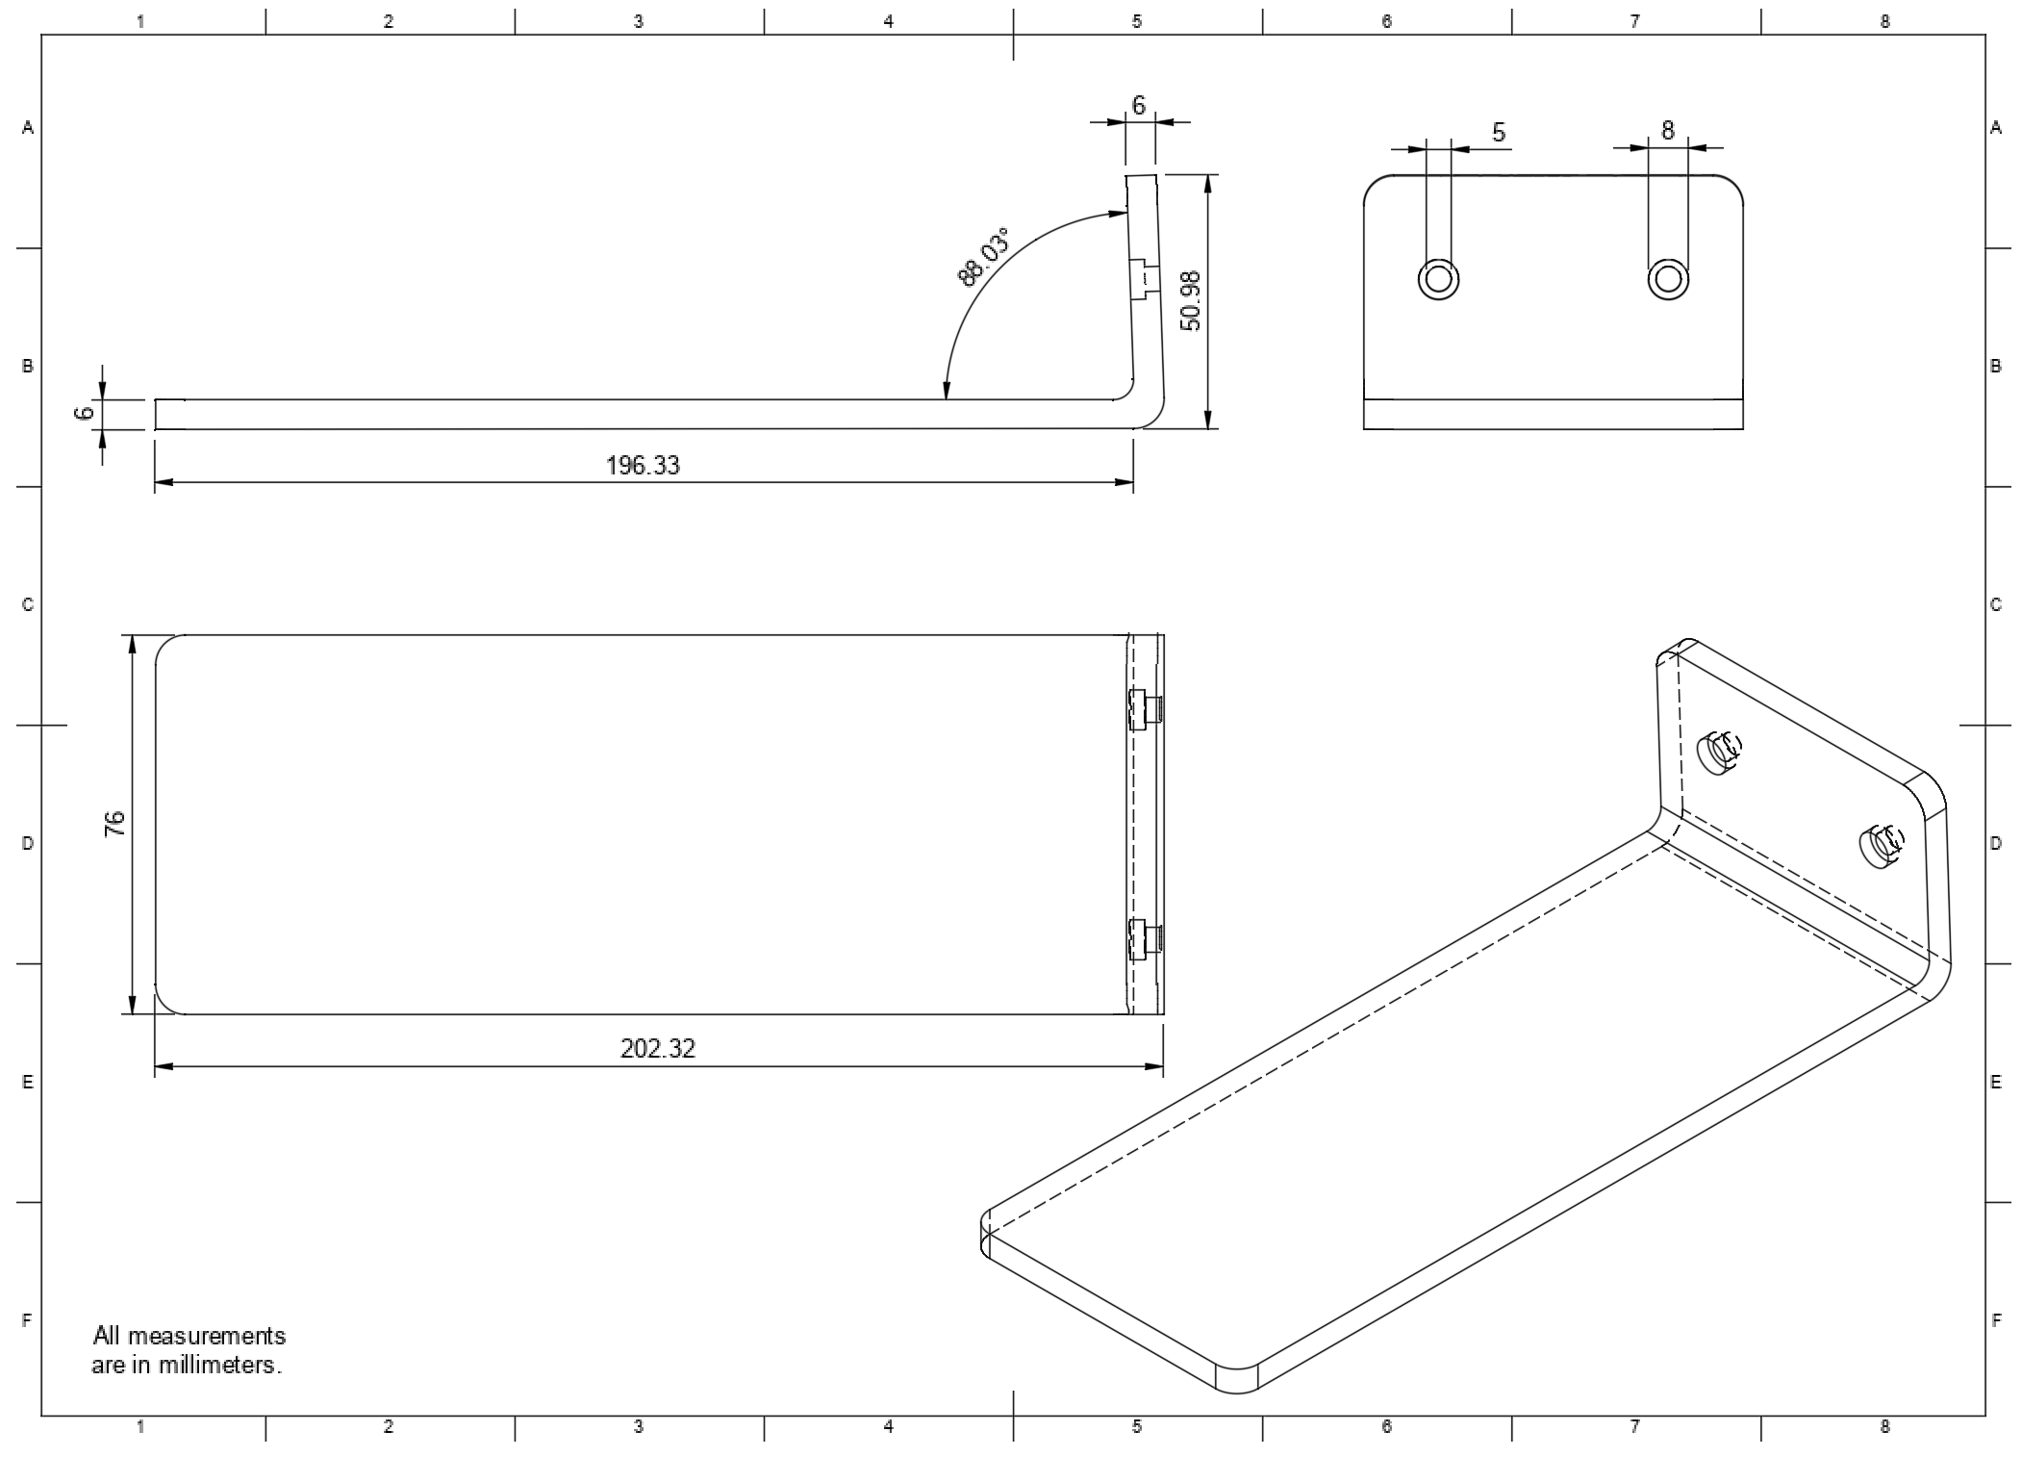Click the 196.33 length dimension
pos(643,466)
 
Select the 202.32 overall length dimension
pos(657,1048)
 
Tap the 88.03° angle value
pos(986,257)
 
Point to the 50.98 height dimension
pos(1191,301)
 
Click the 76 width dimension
pos(114,824)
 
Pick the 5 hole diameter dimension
pos(1499,133)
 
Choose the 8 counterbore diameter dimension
pos(1668,130)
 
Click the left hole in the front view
pos(1439,279)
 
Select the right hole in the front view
pos(1669,279)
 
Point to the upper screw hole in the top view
pos(1144,710)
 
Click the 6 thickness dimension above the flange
pos(1139,106)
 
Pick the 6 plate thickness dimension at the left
pos(86,413)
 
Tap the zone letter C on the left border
pos(28,604)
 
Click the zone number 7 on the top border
pos(1634,21)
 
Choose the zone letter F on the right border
pos(1996,1320)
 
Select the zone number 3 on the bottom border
pos(638,1427)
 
